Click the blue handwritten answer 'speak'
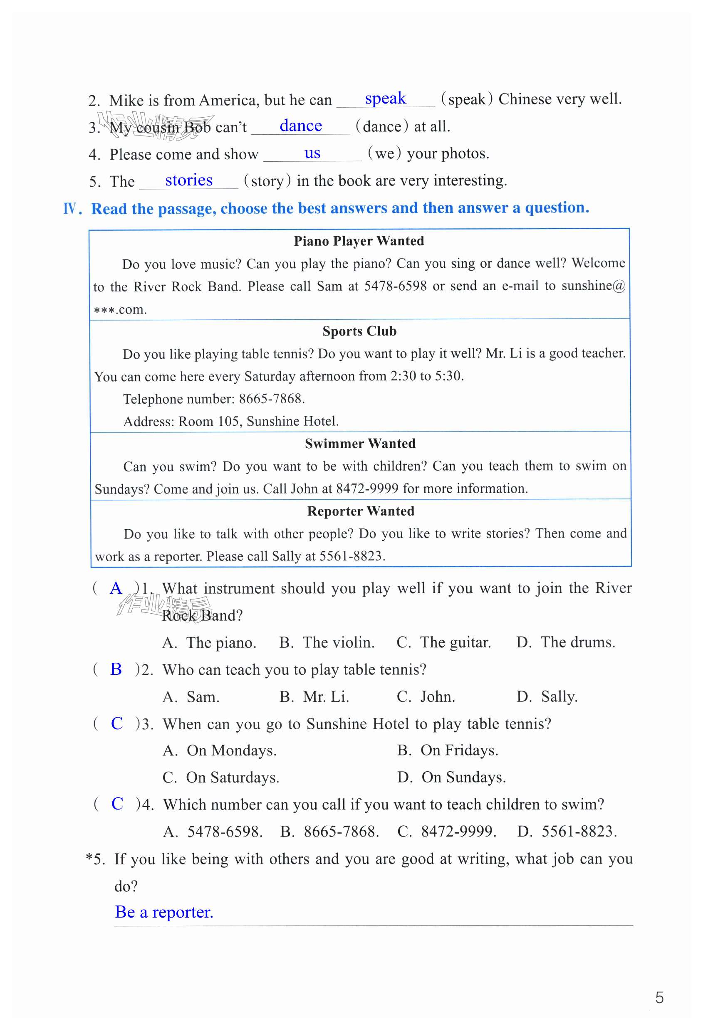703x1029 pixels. [385, 98]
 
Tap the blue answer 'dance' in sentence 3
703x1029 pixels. [300, 126]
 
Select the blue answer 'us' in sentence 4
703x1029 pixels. [312, 153]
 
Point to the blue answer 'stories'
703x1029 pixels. [189, 180]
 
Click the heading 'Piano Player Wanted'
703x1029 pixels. [359, 241]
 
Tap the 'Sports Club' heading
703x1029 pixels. [359, 331]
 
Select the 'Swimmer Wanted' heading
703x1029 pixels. [360, 444]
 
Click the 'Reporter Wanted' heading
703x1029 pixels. [361, 511]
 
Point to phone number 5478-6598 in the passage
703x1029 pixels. [395, 286]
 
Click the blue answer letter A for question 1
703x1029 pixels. [116, 588]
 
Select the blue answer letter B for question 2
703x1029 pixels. [116, 669]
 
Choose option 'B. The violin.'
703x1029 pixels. [327, 642]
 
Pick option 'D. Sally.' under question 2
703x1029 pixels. [547, 697]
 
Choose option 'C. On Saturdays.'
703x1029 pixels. [220, 777]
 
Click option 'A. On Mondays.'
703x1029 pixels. [219, 750]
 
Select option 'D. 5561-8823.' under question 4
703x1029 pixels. [567, 832]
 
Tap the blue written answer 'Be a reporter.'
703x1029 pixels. [164, 912]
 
